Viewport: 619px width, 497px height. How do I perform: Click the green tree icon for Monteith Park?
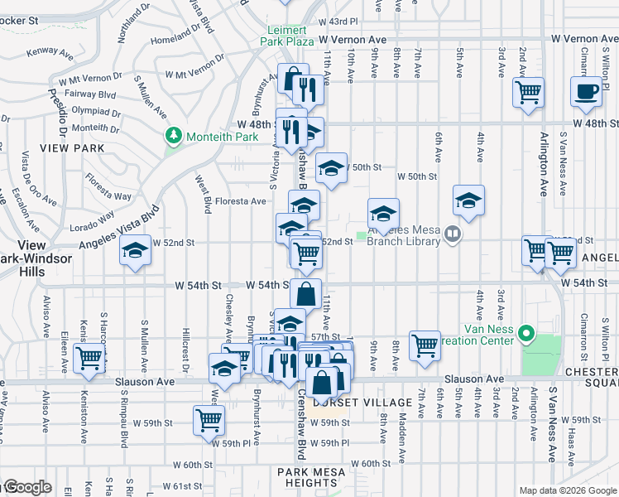[x=173, y=134]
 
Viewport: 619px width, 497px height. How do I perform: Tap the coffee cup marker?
[x=586, y=91]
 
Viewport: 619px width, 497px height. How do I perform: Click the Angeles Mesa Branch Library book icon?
[x=452, y=234]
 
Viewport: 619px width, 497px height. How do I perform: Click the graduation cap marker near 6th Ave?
[x=468, y=200]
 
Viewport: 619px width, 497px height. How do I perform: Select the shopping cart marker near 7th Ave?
[x=425, y=344]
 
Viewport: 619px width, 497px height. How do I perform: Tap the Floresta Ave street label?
[x=241, y=200]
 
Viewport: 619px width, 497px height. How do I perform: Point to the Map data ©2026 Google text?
[x=567, y=490]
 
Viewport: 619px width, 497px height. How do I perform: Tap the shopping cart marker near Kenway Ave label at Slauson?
[x=88, y=358]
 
